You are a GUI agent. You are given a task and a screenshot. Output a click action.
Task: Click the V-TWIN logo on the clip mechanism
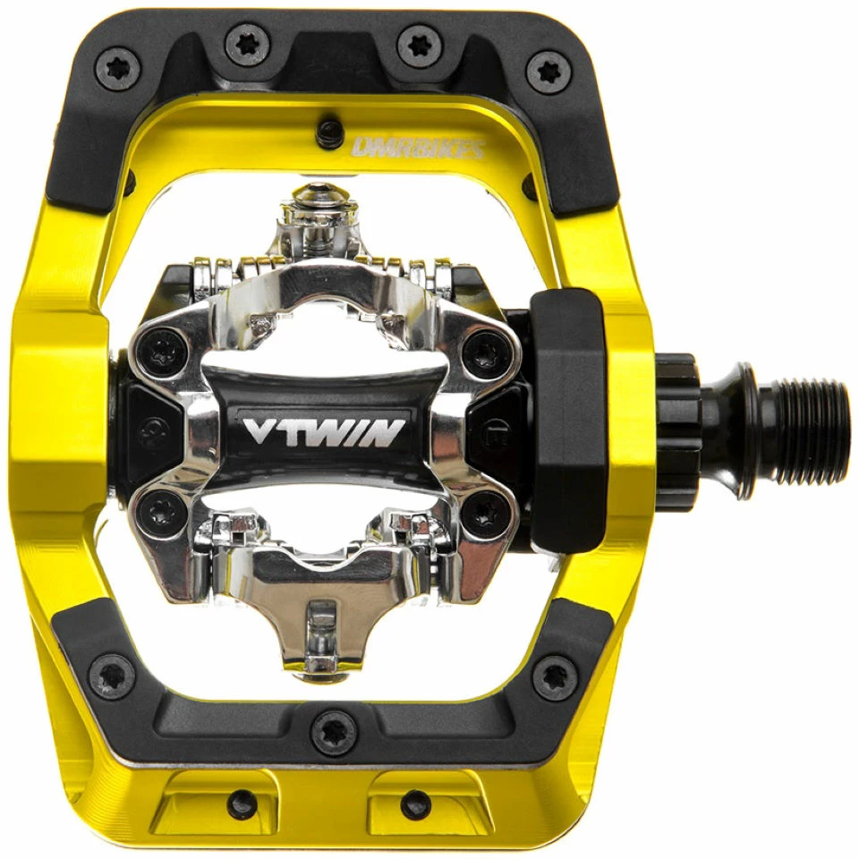click(x=324, y=431)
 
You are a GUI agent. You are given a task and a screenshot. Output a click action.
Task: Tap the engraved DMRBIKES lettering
click(x=418, y=148)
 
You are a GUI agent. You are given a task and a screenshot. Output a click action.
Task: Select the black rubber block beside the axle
click(x=570, y=421)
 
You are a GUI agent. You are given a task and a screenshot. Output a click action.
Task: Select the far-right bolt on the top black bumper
click(x=549, y=72)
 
